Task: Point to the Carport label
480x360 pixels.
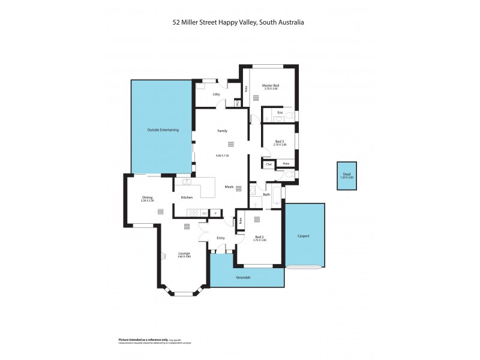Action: (304, 236)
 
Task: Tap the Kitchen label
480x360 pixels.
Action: (187, 197)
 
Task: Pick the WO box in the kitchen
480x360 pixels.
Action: (205, 213)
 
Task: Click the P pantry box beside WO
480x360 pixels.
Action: (215, 213)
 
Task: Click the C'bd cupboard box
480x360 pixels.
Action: (268, 164)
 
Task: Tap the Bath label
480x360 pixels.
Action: (266, 194)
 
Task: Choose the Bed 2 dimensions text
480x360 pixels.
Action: (260, 240)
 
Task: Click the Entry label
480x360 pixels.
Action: (220, 238)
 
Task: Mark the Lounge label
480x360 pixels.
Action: (184, 253)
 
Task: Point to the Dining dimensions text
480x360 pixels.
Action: (147, 201)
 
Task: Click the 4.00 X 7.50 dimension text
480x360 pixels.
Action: (222, 155)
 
